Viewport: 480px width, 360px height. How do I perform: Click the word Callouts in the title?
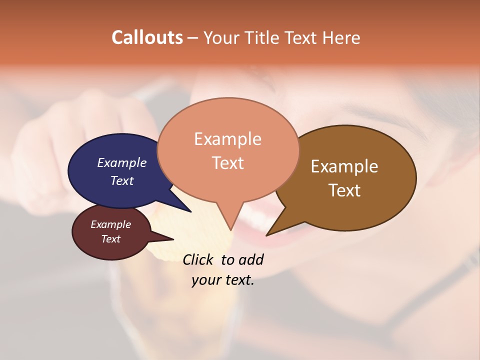tap(147, 37)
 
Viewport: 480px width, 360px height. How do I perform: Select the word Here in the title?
tap(341, 38)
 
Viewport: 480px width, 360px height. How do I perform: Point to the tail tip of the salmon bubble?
tap(230, 228)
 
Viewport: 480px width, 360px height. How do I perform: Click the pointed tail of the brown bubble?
tap(268, 234)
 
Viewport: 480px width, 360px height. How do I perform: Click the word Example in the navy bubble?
tap(122, 163)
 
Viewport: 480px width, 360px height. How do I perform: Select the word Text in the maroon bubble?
tap(111, 239)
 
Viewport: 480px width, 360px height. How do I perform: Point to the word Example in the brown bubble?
tap(344, 166)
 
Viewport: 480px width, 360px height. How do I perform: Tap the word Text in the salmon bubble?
tap(228, 163)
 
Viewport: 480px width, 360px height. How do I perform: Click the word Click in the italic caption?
tap(198, 259)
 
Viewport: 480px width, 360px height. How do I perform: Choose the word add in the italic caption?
tap(250, 259)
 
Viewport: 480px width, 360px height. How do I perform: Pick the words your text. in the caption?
tap(223, 280)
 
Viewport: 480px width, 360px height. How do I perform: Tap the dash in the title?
tap(193, 38)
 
